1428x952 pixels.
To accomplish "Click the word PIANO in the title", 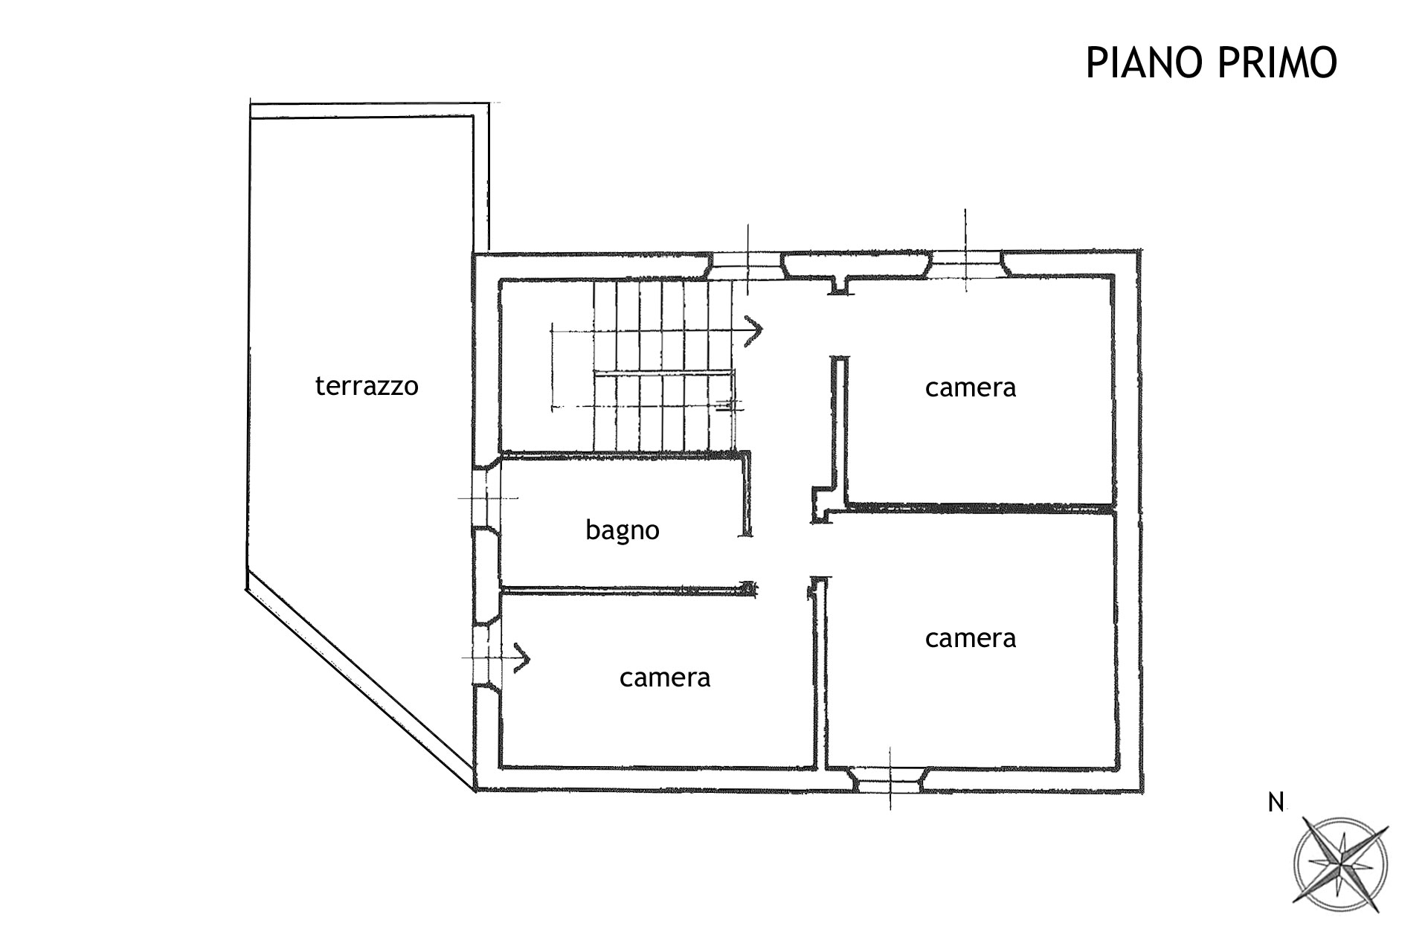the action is pyautogui.click(x=1145, y=62).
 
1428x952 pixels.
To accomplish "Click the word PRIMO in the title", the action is pyautogui.click(x=1278, y=62).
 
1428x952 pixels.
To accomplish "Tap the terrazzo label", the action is pyautogui.click(x=367, y=386).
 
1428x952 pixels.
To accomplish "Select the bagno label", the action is pyautogui.click(x=623, y=530).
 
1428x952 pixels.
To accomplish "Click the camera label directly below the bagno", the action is pyautogui.click(x=665, y=678).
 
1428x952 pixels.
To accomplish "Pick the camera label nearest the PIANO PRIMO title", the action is pyautogui.click(x=971, y=387).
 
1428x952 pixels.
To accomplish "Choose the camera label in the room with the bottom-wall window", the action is pyautogui.click(x=971, y=638).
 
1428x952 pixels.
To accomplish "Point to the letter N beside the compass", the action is pyautogui.click(x=1276, y=803).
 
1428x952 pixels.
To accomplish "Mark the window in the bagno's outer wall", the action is pyautogui.click(x=487, y=498).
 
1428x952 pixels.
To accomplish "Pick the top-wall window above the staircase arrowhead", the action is pyautogui.click(x=747, y=266).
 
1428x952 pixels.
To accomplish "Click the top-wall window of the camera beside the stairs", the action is pyautogui.click(x=965, y=264).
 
